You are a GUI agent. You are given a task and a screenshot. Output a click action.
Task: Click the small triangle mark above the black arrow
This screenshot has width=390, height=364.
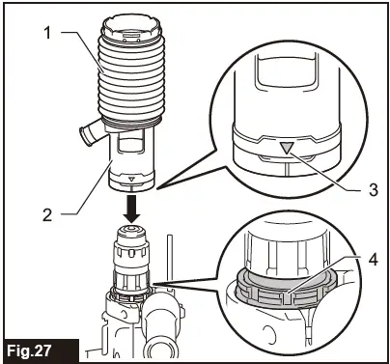pos(131,178)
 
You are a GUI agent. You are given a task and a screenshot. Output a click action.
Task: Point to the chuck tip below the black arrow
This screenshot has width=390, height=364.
pos(129,234)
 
